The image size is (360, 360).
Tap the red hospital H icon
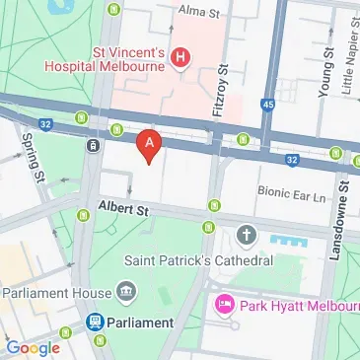pos(180,59)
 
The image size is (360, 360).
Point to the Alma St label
pos(197,11)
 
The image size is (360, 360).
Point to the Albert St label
pos(122,209)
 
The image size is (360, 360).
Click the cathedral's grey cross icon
pos(247,237)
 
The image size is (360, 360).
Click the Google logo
pos(33,347)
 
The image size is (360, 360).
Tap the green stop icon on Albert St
pos(212,204)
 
